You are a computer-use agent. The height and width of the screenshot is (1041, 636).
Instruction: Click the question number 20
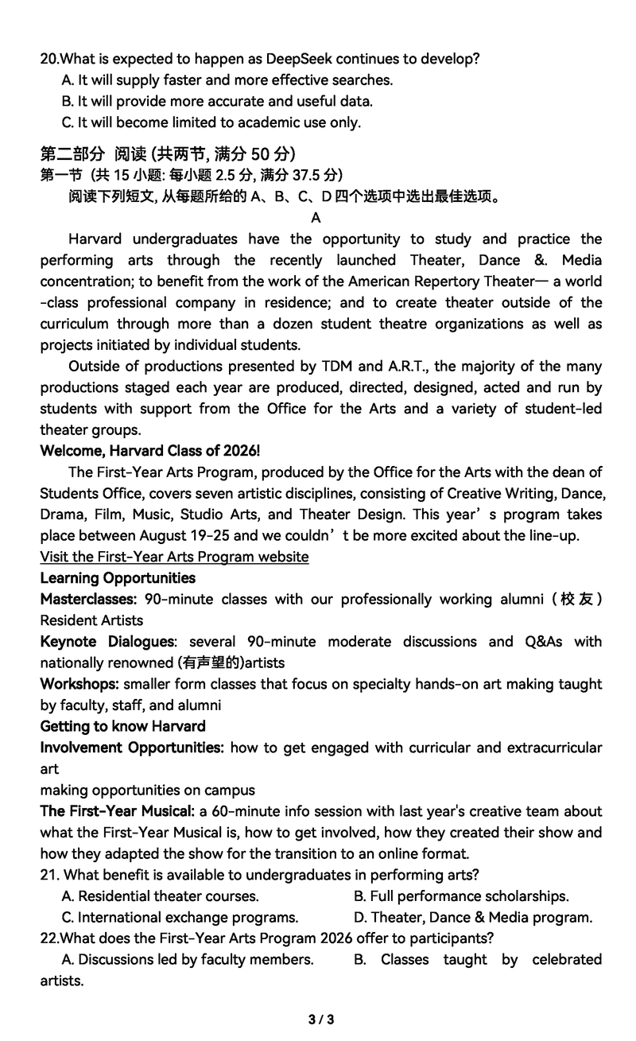(x=49, y=59)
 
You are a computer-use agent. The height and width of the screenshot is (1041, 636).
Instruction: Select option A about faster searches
(x=227, y=80)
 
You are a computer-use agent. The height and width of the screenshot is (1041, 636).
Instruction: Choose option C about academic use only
(x=211, y=122)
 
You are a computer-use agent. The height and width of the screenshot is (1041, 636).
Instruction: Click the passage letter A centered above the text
(x=316, y=218)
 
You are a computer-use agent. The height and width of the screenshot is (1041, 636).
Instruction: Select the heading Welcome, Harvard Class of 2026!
(x=150, y=451)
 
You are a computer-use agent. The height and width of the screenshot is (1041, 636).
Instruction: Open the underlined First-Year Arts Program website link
(x=174, y=557)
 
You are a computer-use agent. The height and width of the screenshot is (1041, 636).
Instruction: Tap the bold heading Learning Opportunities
(x=118, y=578)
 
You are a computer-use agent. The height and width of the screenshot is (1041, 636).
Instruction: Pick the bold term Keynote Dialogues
(x=107, y=642)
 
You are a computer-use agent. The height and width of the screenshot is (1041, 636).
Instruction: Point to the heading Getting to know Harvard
(x=122, y=726)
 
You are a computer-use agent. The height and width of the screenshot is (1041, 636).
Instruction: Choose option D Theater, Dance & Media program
(x=473, y=918)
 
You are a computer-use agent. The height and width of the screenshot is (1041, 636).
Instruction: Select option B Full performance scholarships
(x=461, y=896)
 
